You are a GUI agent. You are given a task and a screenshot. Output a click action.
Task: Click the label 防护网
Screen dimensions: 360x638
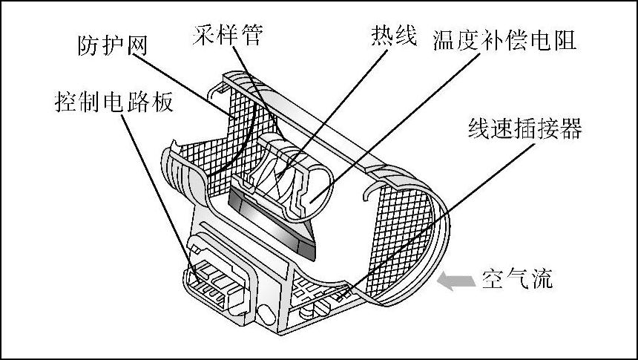click(112, 47)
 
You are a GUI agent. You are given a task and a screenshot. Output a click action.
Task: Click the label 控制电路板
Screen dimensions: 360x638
click(114, 102)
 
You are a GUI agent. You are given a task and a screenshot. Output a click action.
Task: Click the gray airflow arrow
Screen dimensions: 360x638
click(455, 281)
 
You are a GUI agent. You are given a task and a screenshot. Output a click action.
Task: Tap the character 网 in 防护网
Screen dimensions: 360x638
click(135, 47)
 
